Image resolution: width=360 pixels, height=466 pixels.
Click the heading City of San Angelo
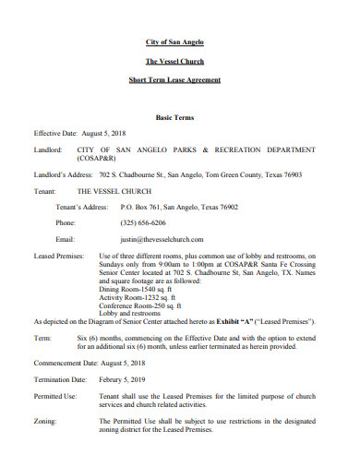pos(180,42)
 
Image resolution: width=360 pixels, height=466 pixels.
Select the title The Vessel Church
pos(180,61)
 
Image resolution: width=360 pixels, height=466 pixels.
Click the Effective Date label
pos(56,133)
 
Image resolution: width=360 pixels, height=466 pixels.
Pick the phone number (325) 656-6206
pos(144,222)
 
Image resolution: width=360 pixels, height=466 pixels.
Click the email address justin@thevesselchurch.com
pos(161,238)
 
